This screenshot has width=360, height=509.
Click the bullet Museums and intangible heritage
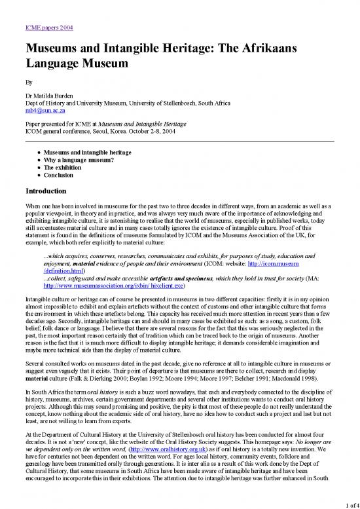(90, 152)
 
